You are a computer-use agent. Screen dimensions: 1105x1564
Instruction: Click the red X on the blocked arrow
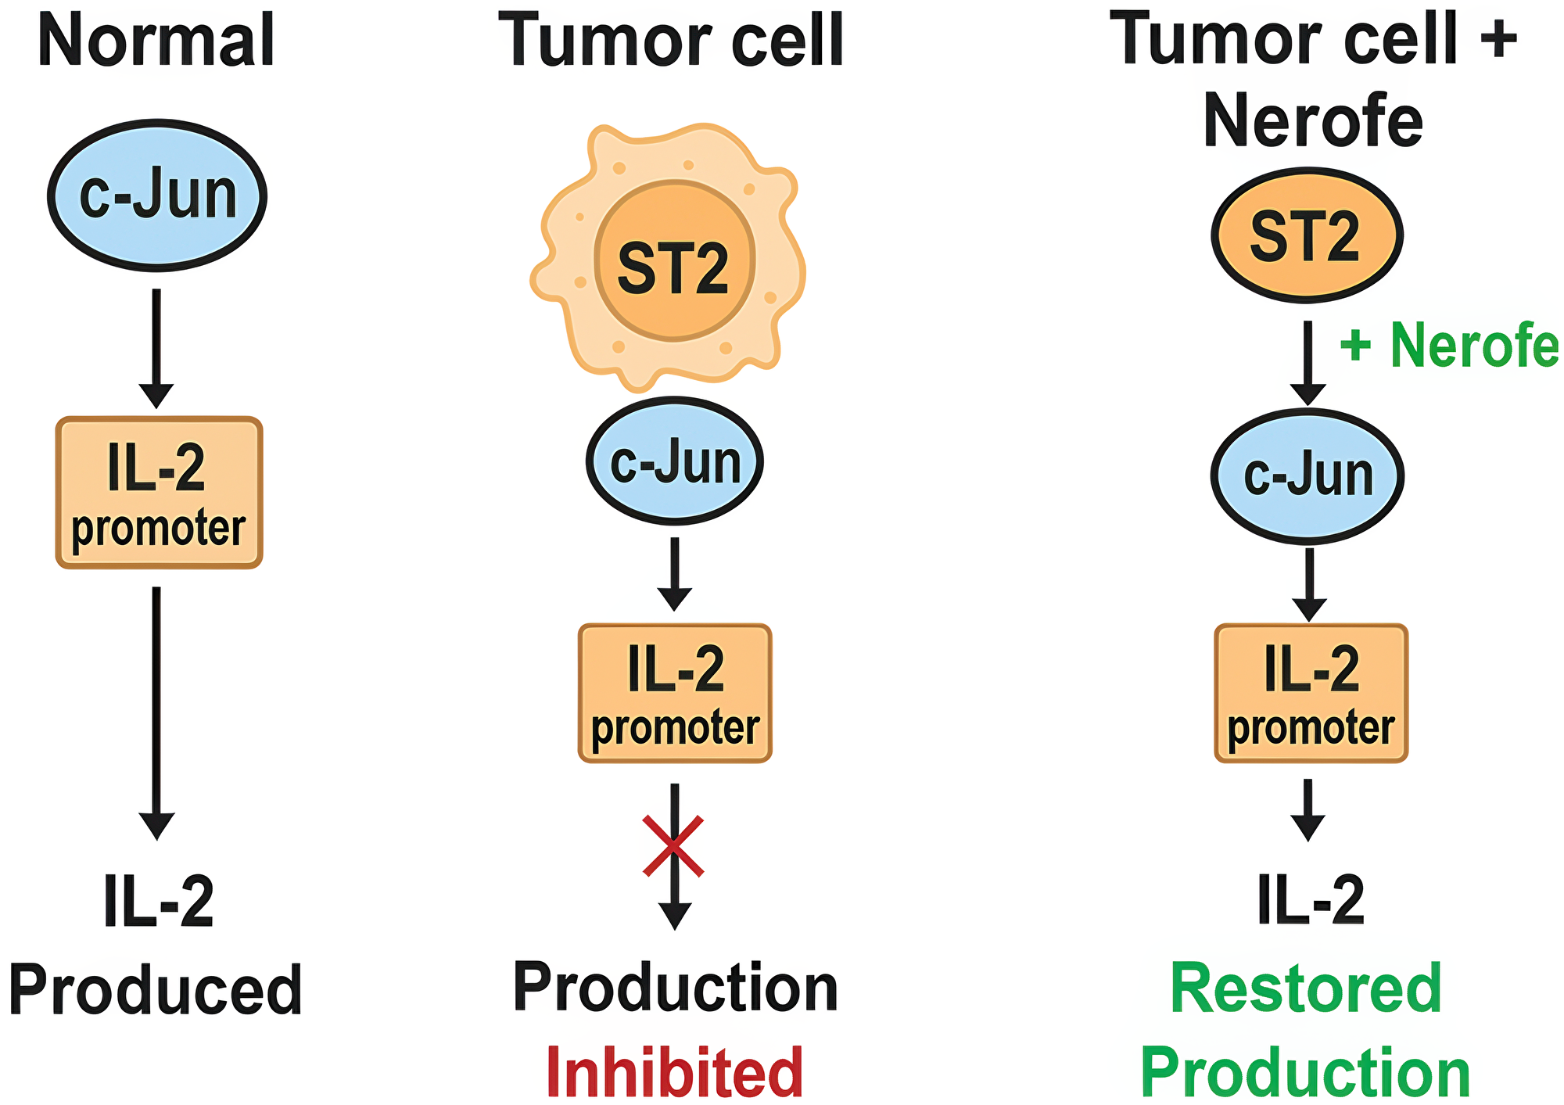673,845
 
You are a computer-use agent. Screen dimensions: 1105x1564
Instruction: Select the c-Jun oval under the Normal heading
157,196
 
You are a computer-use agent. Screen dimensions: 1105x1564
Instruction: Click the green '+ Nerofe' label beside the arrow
1449,345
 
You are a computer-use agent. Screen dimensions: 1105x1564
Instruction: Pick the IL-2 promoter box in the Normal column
159,493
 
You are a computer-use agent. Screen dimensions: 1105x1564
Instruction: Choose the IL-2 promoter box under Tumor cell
675,693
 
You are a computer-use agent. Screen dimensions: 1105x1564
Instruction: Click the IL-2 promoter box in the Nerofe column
1311,693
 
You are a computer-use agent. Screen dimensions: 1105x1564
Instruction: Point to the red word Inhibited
674,1072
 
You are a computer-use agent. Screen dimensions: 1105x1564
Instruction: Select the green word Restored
1306,988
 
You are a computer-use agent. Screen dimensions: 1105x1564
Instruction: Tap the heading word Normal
156,41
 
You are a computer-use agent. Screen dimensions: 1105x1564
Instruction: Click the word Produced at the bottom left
156,990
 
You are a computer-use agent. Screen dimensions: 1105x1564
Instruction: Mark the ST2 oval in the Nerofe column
1307,235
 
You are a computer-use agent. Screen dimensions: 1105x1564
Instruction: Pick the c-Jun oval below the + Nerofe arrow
1308,475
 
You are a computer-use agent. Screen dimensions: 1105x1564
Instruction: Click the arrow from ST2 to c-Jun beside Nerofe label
1308,360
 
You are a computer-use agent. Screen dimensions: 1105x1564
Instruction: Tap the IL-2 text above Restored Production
1311,900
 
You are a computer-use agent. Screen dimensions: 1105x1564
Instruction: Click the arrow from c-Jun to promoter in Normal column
156,344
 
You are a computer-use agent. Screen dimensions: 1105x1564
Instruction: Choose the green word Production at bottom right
1306,1073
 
